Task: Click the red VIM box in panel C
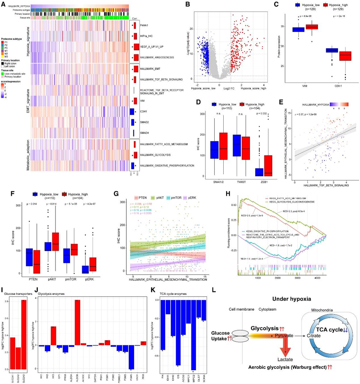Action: [x=323, y=27]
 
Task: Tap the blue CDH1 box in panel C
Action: [x=331, y=51]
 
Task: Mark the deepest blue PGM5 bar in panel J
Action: [x=131, y=357]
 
